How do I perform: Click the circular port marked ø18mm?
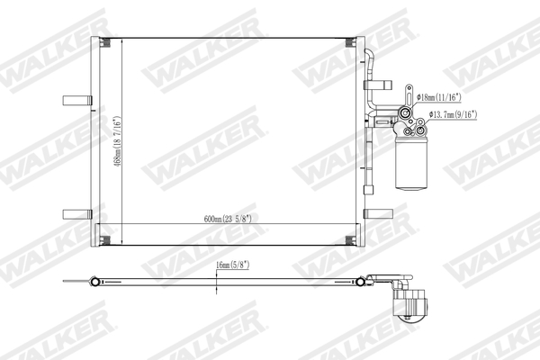click(408, 113)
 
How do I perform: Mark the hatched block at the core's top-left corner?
click(104, 44)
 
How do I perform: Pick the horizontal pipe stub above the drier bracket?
click(381, 82)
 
